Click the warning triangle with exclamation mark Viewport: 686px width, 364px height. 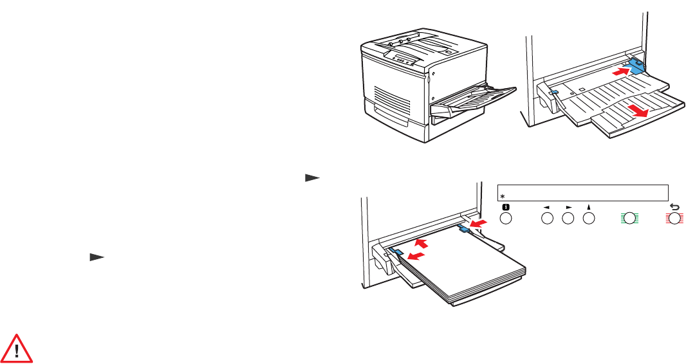pos(18,347)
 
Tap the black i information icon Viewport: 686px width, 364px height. pos(505,208)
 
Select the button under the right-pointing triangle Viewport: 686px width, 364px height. pos(568,219)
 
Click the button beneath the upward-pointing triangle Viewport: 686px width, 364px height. pos(589,219)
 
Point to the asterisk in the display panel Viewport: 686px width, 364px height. pos(503,196)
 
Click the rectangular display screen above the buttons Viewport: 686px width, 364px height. pos(583,192)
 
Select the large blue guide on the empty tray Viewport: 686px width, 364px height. pos(636,66)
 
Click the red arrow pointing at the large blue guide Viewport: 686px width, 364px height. pos(619,73)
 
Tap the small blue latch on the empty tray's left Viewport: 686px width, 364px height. pos(555,92)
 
